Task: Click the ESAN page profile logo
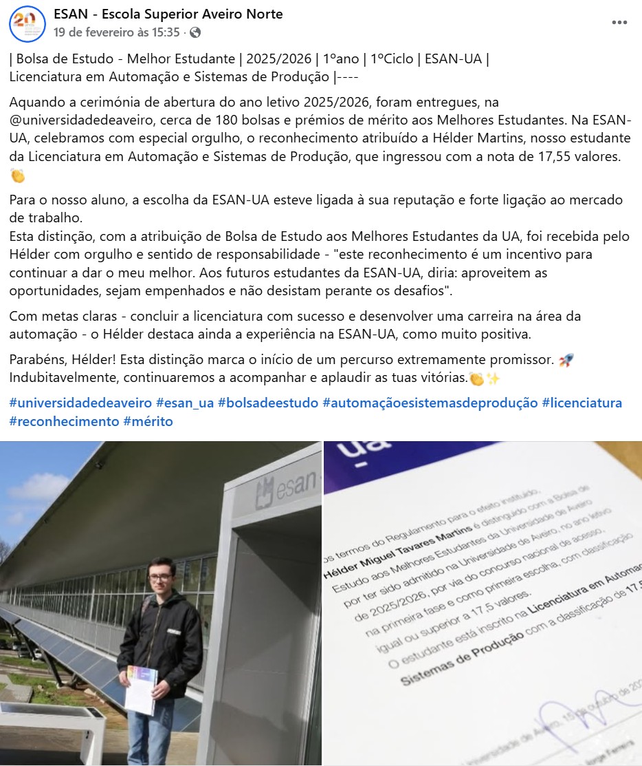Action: click(27, 23)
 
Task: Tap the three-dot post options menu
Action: click(619, 23)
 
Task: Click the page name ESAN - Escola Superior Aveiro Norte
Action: click(168, 14)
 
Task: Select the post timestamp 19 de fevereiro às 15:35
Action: click(117, 32)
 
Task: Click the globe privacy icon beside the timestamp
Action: click(195, 32)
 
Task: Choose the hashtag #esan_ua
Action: click(185, 403)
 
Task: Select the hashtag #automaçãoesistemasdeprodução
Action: click(430, 403)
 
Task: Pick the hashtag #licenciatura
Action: click(582, 403)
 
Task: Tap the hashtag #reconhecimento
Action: click(64, 421)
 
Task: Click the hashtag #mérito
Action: click(148, 421)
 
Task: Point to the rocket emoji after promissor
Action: click(566, 360)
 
